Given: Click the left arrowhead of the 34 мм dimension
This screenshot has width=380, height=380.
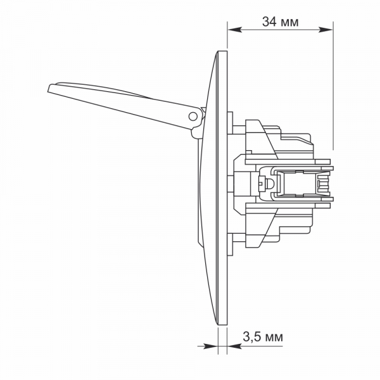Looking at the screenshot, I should click(232, 29).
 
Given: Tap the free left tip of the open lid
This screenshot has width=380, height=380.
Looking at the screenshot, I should click(49, 90).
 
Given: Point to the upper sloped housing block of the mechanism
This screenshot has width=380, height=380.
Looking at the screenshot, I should click(263, 136).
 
